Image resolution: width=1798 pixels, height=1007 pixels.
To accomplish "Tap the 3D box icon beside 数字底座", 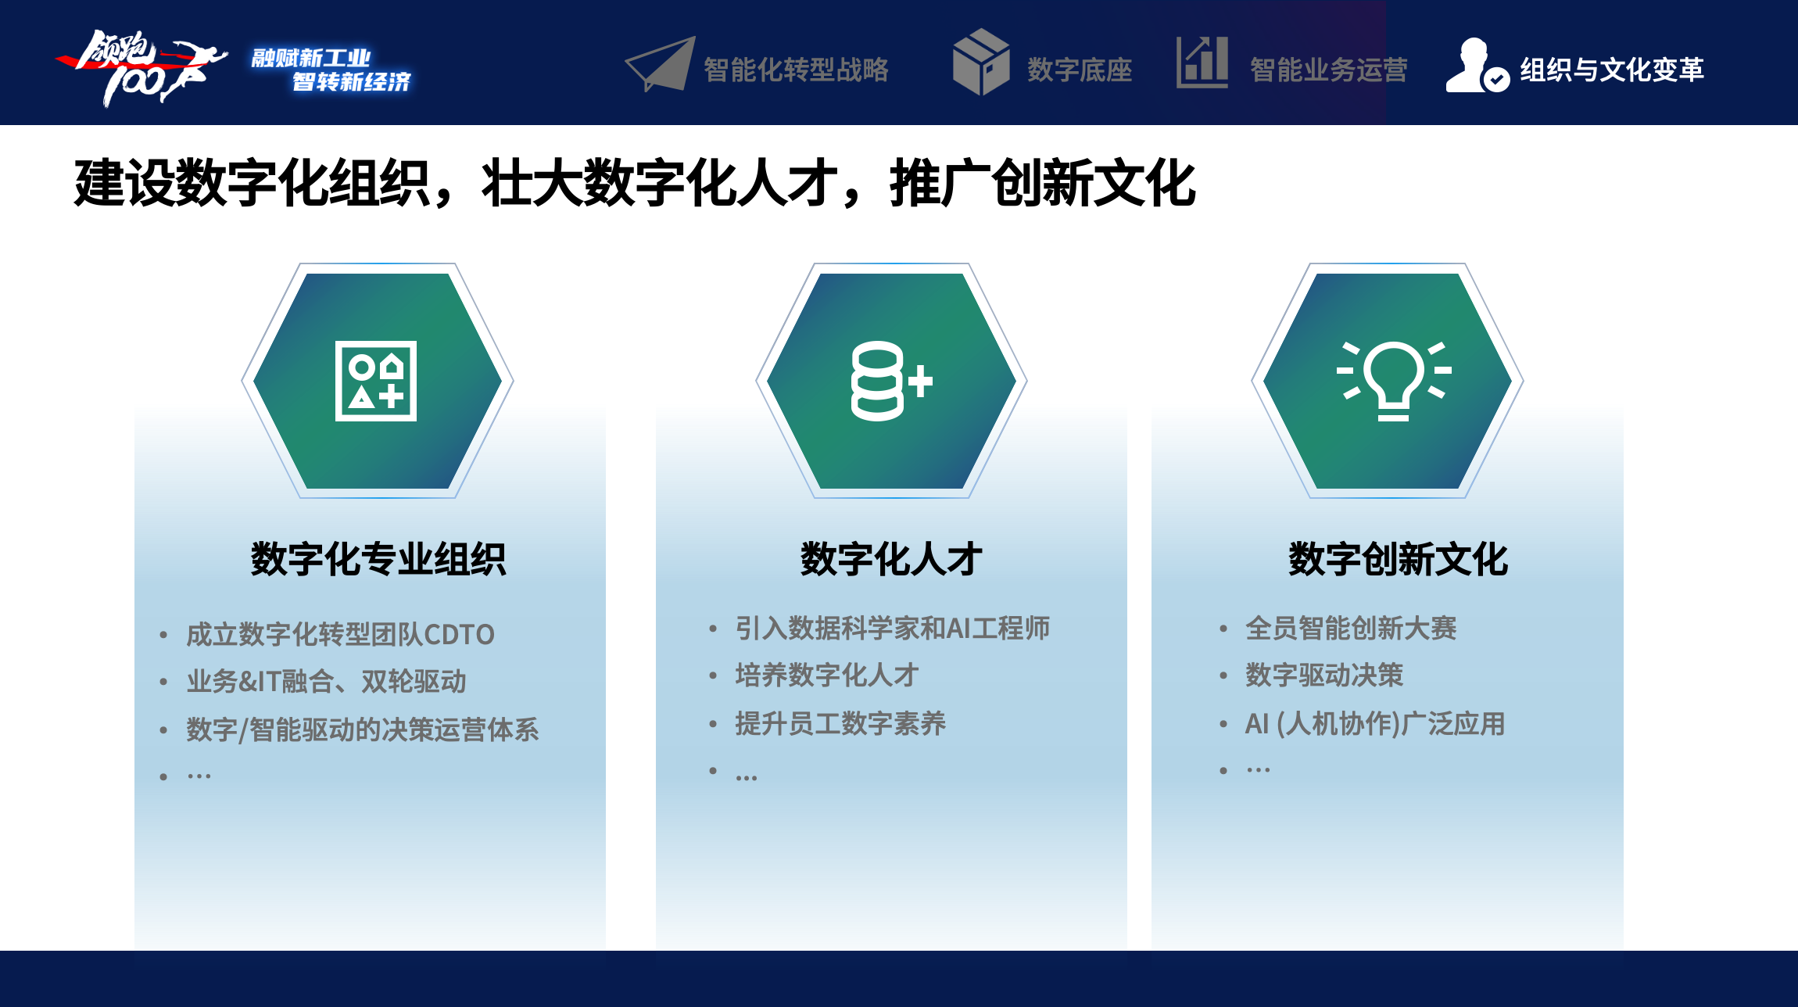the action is [x=981, y=62].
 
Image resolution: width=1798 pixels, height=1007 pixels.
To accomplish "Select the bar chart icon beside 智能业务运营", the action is [x=1202, y=63].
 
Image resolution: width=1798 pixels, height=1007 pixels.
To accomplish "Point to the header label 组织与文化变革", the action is [x=1611, y=70].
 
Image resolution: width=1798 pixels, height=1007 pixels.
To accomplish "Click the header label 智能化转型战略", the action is [x=796, y=70].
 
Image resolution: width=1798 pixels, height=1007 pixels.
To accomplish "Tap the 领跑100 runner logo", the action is [x=141, y=67].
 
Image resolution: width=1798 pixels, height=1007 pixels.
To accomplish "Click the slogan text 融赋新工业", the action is [x=311, y=58].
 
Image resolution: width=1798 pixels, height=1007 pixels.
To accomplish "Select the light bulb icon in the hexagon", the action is [x=1393, y=381].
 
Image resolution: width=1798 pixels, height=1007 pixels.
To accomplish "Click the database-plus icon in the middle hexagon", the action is [x=891, y=381].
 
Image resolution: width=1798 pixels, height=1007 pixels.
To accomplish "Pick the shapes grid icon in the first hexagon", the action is [x=376, y=381].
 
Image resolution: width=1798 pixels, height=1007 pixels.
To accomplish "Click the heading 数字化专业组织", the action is [x=378, y=559].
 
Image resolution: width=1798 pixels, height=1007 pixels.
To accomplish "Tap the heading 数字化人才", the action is [x=891, y=559].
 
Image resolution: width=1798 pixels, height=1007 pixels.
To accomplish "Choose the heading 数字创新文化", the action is [x=1398, y=559].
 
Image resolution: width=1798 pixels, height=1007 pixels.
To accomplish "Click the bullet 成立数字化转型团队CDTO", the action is [x=340, y=634].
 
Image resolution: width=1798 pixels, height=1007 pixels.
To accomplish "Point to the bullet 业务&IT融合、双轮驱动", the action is [x=326, y=681].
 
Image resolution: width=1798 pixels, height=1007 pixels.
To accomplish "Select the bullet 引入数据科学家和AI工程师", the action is [x=892, y=628].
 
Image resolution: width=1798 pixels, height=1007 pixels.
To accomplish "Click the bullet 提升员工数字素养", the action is [x=840, y=723].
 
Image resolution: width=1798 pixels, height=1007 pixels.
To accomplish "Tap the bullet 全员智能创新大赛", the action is [x=1351, y=628].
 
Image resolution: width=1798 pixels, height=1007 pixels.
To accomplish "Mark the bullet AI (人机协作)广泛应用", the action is [x=1375, y=723].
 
